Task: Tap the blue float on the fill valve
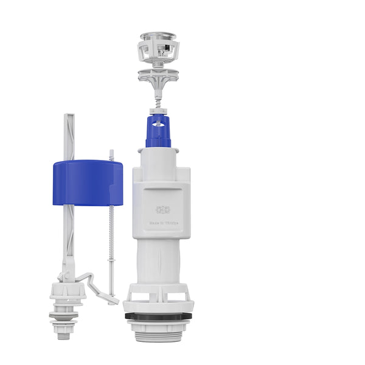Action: (88, 182)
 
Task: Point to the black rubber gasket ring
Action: (159, 316)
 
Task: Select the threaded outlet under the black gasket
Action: (159, 328)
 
